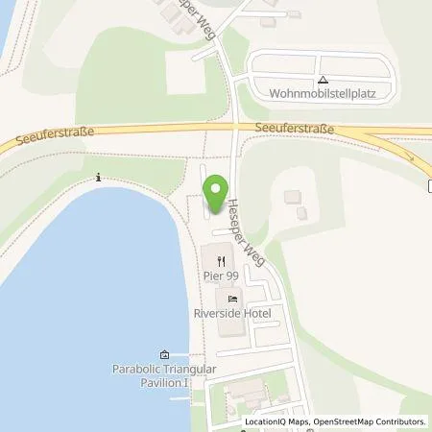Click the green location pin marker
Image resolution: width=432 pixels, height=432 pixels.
tap(217, 188)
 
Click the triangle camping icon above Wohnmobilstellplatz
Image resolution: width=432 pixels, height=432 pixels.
tap(323, 81)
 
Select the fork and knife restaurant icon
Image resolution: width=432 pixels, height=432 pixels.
tap(222, 260)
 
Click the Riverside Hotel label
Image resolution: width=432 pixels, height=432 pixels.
tap(231, 313)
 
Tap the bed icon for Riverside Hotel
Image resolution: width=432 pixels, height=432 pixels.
tap(231, 298)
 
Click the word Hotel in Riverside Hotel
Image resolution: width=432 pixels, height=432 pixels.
tap(257, 313)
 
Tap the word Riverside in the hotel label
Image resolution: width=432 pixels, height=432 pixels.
tap(217, 313)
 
